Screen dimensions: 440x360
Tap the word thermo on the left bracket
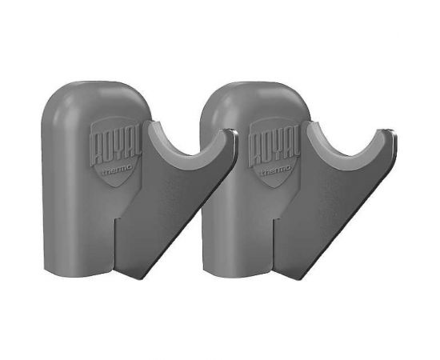pyautogui.click(x=117, y=170)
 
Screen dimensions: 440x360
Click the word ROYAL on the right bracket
pyautogui.click(x=274, y=146)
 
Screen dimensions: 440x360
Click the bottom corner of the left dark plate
pyautogui.click(x=142, y=279)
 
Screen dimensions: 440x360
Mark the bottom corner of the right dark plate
pyautogui.click(x=300, y=279)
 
